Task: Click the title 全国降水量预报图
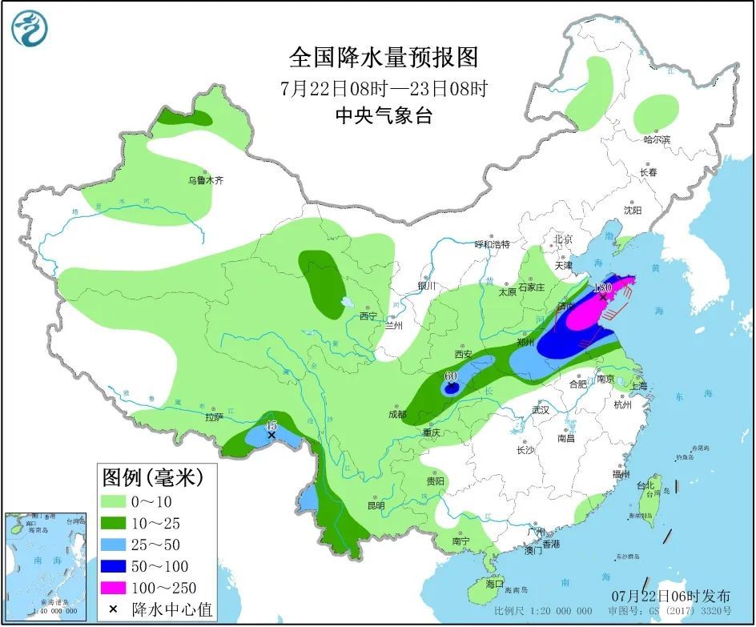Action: click(x=383, y=58)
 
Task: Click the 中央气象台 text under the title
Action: click(x=383, y=116)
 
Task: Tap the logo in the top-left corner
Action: click(x=30, y=28)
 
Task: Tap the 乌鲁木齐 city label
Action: click(x=206, y=182)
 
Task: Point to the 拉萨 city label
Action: click(x=213, y=417)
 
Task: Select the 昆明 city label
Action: click(x=375, y=506)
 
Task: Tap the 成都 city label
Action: click(x=396, y=415)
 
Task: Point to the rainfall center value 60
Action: click(x=450, y=376)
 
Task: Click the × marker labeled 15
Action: click(x=272, y=436)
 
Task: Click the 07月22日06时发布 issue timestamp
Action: click(x=670, y=596)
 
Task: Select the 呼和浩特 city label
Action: click(x=492, y=244)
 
